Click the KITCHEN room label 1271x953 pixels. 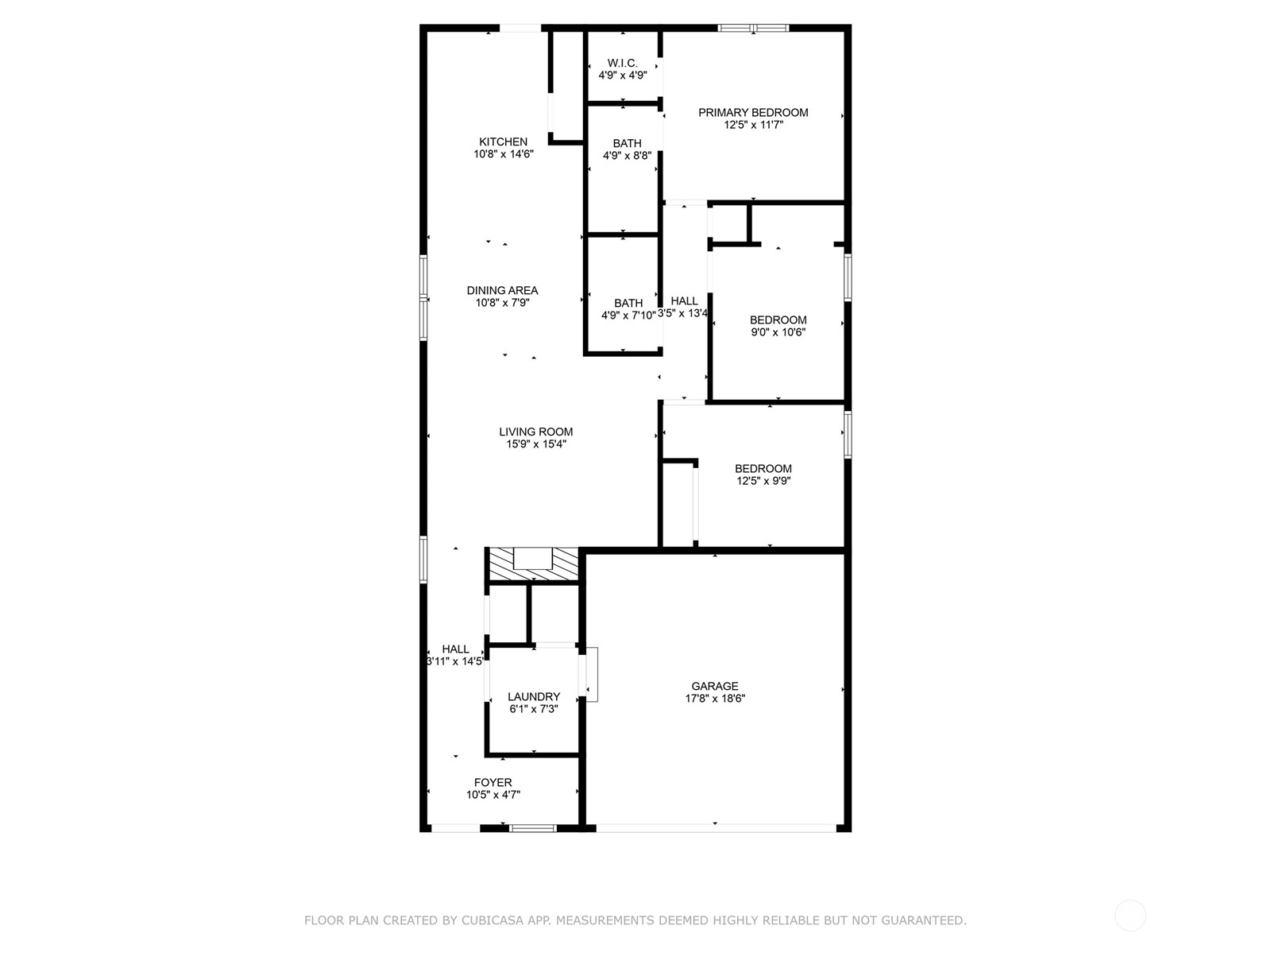(x=503, y=142)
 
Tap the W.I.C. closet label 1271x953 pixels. (x=622, y=64)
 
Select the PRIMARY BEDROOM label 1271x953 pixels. (x=753, y=113)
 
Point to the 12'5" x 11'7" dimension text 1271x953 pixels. (x=753, y=125)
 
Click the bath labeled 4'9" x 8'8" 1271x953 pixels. (x=627, y=149)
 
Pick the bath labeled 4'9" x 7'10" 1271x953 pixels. (x=628, y=309)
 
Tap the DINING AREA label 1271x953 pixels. (x=502, y=291)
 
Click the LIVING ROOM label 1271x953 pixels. (x=535, y=432)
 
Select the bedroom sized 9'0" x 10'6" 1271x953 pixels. (x=778, y=326)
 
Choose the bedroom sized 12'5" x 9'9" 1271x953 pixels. (x=763, y=475)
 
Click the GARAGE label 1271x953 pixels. (x=714, y=687)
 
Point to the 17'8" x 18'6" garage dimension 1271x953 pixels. (x=714, y=699)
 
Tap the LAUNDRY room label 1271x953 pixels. (x=534, y=697)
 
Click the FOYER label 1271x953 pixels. (x=493, y=783)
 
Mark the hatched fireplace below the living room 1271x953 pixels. (x=532, y=564)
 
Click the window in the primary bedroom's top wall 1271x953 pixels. (x=753, y=29)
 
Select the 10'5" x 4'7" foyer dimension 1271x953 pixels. (x=493, y=795)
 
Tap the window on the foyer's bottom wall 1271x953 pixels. (x=532, y=828)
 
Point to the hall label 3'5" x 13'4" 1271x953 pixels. (x=683, y=308)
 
